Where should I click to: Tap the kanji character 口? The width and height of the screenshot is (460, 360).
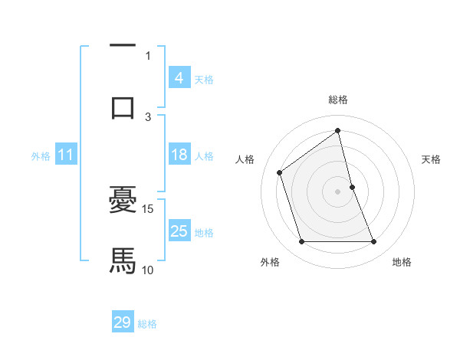click(123, 106)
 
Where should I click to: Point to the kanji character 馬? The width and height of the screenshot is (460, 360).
click(123, 260)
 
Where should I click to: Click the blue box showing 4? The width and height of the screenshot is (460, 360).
click(179, 77)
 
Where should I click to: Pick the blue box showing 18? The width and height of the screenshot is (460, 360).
click(179, 155)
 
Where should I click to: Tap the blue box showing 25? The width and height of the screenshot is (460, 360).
click(179, 231)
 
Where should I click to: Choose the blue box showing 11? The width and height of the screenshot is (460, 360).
click(65, 155)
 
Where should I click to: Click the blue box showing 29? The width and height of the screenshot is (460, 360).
click(123, 322)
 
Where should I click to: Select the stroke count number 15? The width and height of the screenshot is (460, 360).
click(149, 208)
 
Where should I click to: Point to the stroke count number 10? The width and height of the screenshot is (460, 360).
click(148, 270)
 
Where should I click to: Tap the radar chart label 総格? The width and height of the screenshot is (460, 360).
click(338, 100)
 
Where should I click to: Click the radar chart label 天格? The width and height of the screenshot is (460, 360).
click(432, 159)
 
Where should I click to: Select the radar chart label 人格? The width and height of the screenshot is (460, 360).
click(245, 159)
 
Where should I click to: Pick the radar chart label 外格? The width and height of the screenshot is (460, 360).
click(269, 262)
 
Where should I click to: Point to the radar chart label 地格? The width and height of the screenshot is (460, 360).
click(402, 262)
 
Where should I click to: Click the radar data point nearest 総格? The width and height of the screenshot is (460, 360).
click(338, 130)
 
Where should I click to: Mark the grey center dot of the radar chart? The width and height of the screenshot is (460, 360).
click(338, 191)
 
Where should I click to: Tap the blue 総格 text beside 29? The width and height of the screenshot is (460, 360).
click(147, 324)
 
